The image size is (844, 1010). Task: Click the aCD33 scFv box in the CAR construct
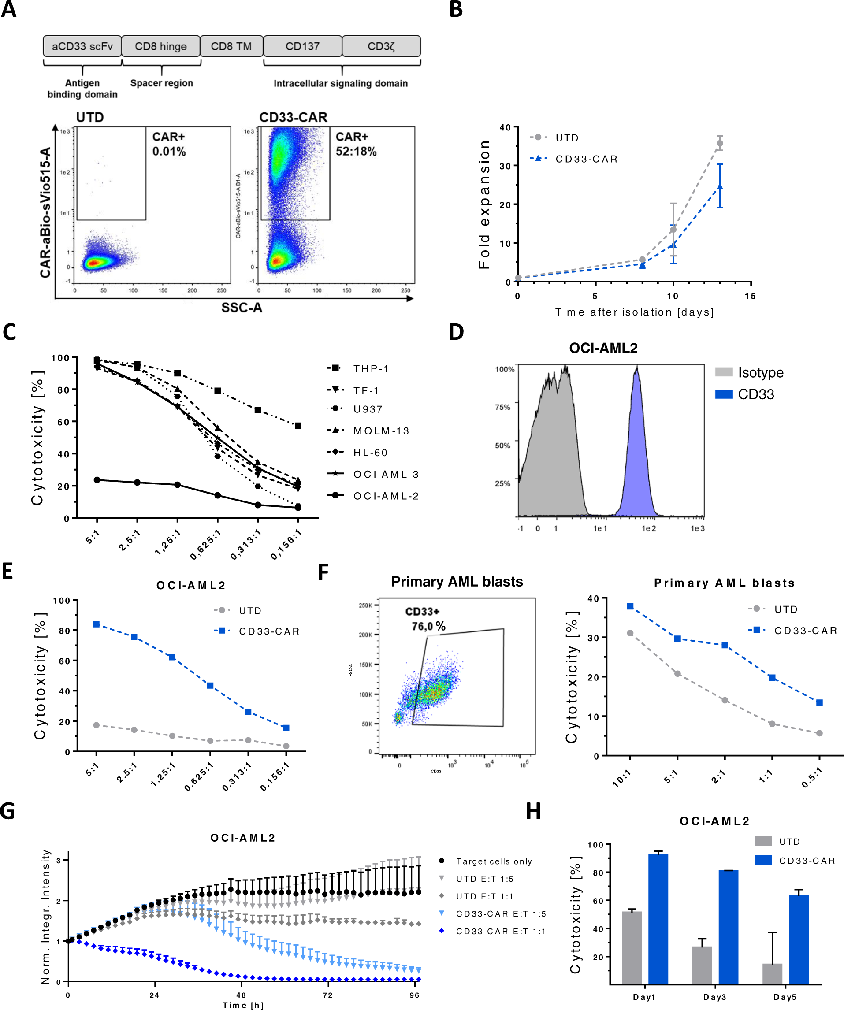point(82,46)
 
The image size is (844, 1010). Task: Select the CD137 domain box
point(302,46)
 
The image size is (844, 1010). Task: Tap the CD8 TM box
point(231,46)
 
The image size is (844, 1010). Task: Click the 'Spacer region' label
point(162,83)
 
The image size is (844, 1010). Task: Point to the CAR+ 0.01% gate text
point(169,144)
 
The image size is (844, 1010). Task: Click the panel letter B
point(456,10)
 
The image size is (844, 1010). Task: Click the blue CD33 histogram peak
point(637,433)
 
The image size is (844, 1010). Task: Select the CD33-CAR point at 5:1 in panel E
point(97,624)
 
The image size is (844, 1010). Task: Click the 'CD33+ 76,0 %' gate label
point(426,619)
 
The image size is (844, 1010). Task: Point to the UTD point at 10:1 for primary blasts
point(630,633)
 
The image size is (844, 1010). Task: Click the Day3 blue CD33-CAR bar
point(729,927)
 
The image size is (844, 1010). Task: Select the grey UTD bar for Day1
point(632,948)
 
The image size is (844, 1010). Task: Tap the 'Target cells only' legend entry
point(494,861)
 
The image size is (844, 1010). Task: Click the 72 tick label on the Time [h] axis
point(327,995)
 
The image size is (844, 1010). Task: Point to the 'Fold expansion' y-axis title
point(484,204)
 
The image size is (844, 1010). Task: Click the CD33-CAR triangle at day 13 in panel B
point(719,186)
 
